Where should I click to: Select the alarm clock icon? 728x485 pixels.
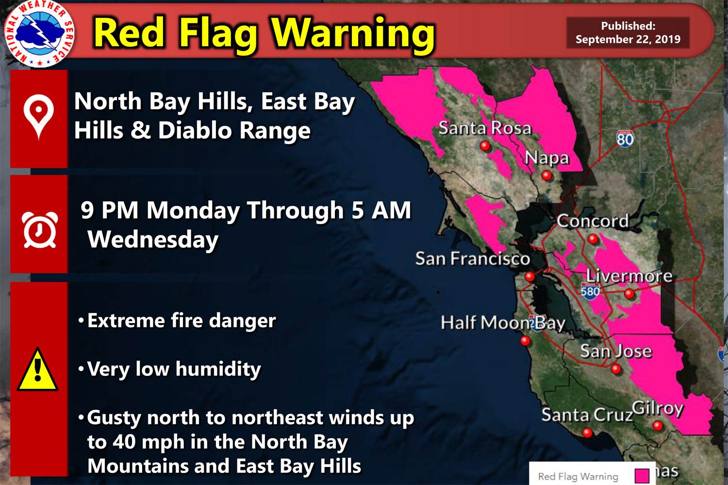tap(39, 230)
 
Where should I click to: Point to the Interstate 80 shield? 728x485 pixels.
tap(625, 139)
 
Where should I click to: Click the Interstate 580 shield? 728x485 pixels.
tap(590, 291)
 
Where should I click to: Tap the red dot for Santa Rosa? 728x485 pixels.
tap(484, 145)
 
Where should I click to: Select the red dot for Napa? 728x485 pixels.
tap(547, 176)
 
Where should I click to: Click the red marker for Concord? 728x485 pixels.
tap(593, 239)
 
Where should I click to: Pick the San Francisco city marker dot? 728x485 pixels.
tap(529, 277)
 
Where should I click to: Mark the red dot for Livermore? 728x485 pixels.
tap(629, 293)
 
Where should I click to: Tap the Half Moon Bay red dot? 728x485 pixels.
tap(525, 341)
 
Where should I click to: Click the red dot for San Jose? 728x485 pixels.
tap(616, 369)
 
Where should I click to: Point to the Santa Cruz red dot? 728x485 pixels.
tap(587, 432)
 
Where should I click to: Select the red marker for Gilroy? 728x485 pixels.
tap(658, 426)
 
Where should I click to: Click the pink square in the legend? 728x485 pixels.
tap(642, 476)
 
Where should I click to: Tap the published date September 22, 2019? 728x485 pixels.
tap(628, 39)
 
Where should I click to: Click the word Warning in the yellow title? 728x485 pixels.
tap(353, 34)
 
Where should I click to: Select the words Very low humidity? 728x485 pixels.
tap(174, 369)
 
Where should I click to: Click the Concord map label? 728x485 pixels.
tap(593, 221)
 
